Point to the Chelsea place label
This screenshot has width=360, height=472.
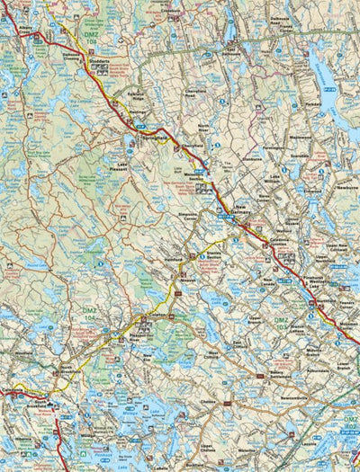pyautogui.click(x=209, y=402)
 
